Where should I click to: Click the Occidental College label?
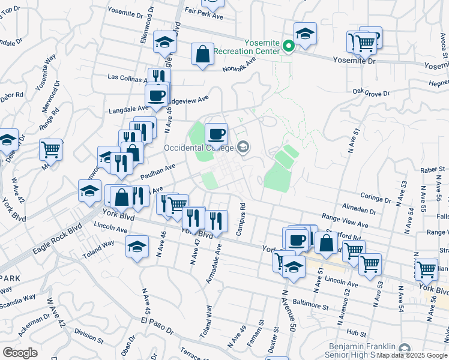(x=200, y=147)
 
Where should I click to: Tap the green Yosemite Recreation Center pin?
(x=288, y=46)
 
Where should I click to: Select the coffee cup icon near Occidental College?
(x=216, y=134)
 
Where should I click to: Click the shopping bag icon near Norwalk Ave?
(x=203, y=54)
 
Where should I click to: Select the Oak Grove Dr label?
(x=371, y=93)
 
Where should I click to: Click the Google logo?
(x=20, y=352)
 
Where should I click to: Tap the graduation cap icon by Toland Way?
(x=137, y=247)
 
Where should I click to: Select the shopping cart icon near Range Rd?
(x=51, y=149)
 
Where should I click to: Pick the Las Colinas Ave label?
(x=127, y=78)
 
